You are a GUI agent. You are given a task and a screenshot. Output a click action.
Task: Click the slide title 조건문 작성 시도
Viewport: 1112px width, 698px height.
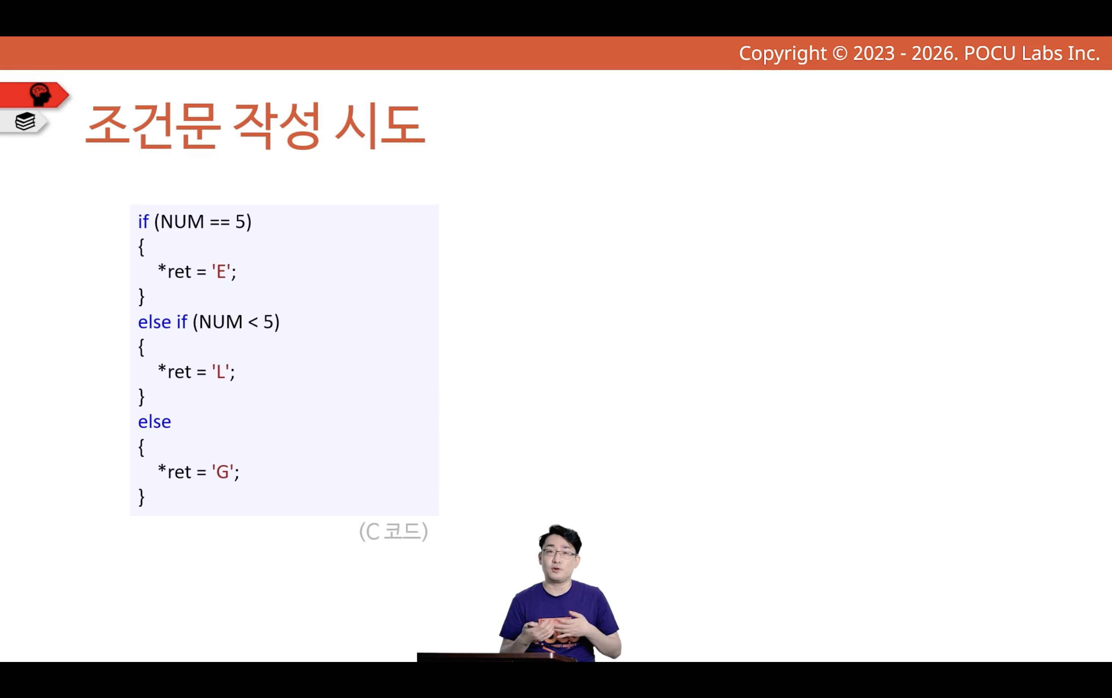(x=255, y=125)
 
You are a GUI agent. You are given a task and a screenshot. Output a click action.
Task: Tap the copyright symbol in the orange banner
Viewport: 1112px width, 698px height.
(x=840, y=53)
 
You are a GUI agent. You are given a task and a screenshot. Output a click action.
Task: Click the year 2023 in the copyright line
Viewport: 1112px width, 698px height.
(x=874, y=53)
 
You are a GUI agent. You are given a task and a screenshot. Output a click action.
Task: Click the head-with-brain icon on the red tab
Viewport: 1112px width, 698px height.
(x=40, y=95)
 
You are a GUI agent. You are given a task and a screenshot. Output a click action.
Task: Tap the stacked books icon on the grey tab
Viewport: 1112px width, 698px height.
(x=25, y=121)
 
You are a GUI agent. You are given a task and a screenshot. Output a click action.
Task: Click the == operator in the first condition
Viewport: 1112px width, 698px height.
(x=220, y=222)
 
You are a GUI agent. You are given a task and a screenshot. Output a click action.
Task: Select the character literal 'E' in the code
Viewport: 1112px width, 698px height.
(x=221, y=271)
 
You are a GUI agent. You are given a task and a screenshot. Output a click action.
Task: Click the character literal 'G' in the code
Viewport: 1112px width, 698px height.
(x=222, y=472)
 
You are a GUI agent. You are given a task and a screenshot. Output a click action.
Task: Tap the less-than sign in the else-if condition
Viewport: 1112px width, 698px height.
(x=253, y=322)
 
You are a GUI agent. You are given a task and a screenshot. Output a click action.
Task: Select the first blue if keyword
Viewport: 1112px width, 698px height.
(x=143, y=222)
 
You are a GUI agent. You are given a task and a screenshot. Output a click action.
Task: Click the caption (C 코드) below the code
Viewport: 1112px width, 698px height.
(x=394, y=531)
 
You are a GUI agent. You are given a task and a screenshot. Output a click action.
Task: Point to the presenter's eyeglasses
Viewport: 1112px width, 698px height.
(x=559, y=553)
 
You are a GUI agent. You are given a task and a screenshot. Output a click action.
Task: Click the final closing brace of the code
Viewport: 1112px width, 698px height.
(x=142, y=497)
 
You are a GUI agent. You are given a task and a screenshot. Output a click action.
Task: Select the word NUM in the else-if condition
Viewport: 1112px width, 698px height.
(x=221, y=322)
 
